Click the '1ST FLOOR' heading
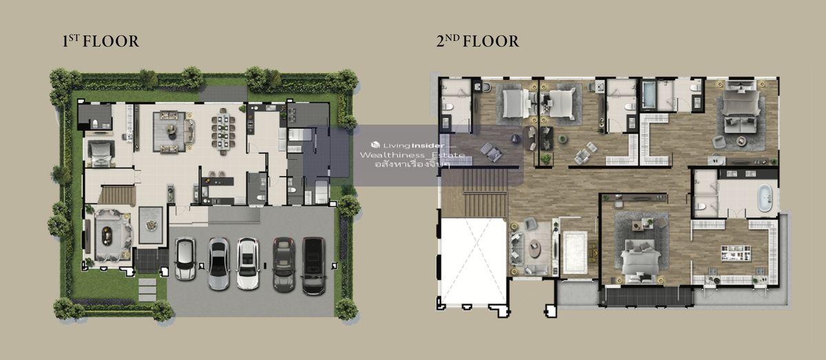point(100,41)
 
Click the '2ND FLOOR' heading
point(478,41)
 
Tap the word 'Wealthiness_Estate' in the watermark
point(412,156)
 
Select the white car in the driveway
point(248,263)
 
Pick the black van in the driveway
point(314,266)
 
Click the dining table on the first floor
point(223,131)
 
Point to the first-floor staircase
point(116,195)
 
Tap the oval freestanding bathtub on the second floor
point(765,198)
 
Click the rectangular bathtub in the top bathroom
point(649,95)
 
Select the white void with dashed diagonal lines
point(473,260)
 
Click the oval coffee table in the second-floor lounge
point(534,247)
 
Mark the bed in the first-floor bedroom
point(99,153)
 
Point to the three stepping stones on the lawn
point(147,289)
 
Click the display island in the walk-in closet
point(736,253)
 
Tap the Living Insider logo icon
point(375,145)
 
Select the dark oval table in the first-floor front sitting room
point(107,235)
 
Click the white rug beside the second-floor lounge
point(575,253)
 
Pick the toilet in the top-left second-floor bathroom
point(449,107)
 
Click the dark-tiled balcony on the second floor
point(647,296)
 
